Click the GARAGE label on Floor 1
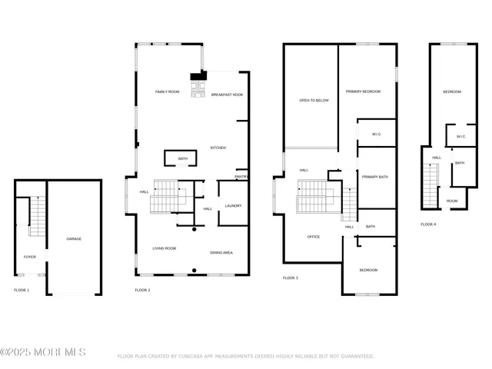74,238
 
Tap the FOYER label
29,257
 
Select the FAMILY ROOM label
167,91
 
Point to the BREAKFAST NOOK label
227,95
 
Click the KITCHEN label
218,148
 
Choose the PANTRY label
241,176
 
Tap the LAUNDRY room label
233,206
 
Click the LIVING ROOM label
165,248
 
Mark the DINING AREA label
221,252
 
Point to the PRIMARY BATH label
375,177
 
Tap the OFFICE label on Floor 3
314,236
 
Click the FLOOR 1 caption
22,290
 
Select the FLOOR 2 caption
142,290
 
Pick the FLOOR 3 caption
290,277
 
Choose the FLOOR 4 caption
428,224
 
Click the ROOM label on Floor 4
452,201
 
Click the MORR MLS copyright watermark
43,353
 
